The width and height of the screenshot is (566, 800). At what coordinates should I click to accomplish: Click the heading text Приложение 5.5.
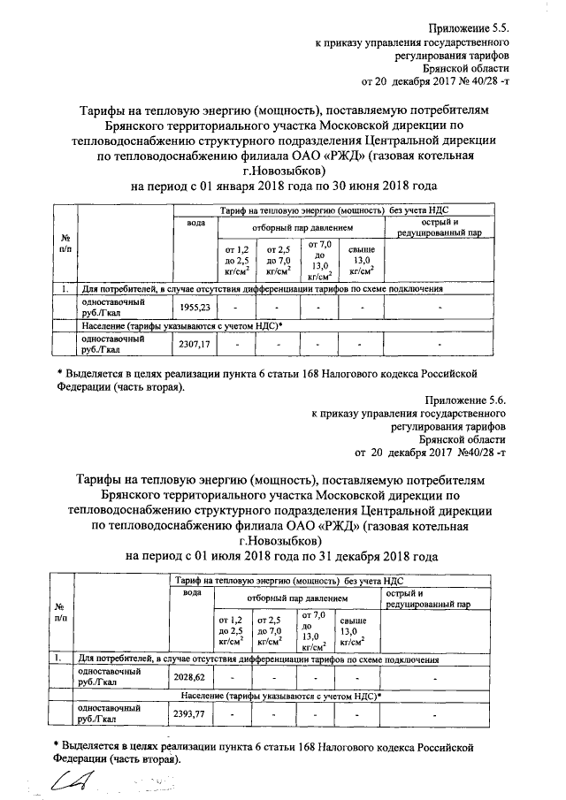point(470,29)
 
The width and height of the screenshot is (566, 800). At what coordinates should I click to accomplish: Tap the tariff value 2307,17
point(195,344)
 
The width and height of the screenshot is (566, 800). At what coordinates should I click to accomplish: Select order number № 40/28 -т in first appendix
point(479,82)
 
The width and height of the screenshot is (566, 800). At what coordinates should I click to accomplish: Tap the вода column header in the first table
point(195,223)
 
